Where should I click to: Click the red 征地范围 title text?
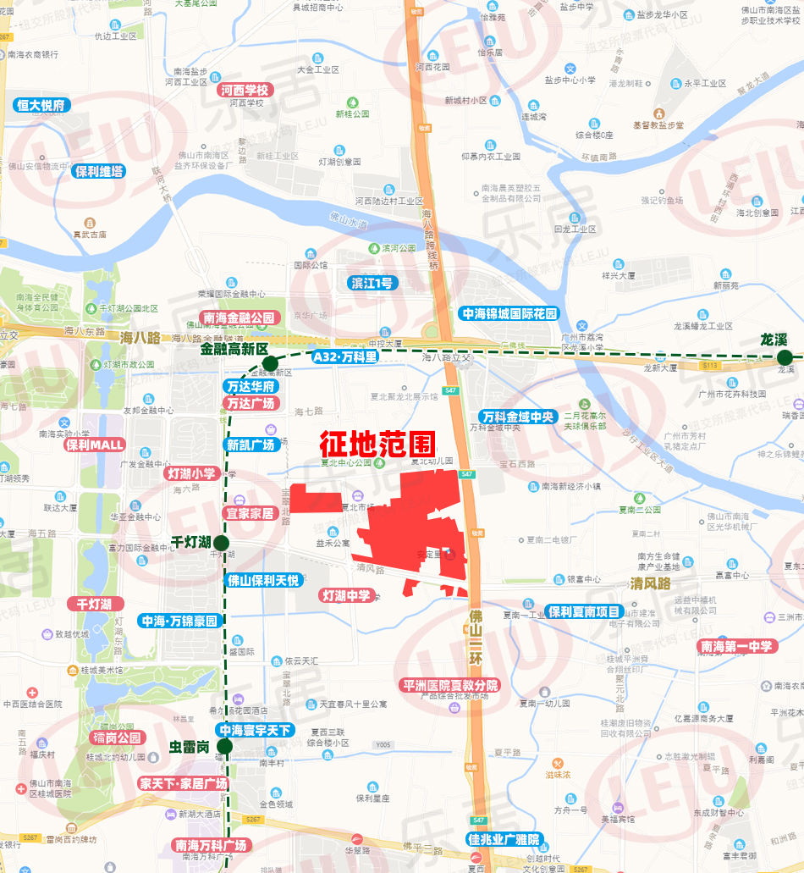377,445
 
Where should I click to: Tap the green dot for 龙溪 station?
785,357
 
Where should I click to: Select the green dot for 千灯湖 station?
221,543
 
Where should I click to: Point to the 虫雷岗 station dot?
224,746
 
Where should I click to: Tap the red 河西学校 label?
244,90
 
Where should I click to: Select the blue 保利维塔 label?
98,171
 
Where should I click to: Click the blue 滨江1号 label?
372,283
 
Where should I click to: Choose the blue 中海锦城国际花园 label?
509,313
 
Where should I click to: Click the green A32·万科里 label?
345,357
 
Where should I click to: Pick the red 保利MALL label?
95,445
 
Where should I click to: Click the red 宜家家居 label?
249,513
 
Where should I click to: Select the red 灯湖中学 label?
346,595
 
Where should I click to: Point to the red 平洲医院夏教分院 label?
449,684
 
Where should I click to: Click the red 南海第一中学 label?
736,647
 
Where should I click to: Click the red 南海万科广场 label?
210,845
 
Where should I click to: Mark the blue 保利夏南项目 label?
584,611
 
